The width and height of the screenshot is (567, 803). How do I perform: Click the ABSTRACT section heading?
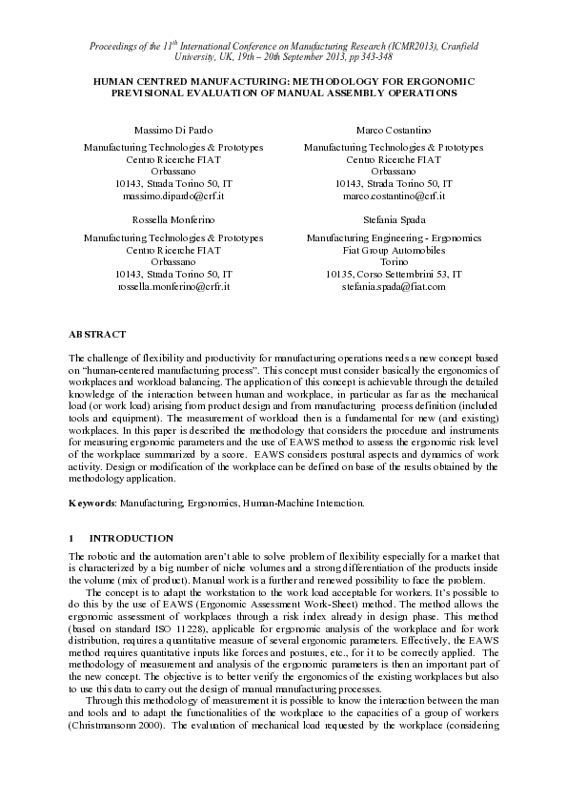click(x=97, y=335)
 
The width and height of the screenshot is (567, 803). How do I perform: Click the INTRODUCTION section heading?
click(x=132, y=538)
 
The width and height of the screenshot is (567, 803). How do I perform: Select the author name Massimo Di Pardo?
click(x=173, y=129)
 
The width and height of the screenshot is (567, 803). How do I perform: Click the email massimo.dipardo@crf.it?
click(x=173, y=196)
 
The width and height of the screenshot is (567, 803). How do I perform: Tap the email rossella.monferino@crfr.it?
click(x=173, y=285)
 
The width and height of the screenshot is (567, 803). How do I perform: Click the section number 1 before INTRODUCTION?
click(x=71, y=538)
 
